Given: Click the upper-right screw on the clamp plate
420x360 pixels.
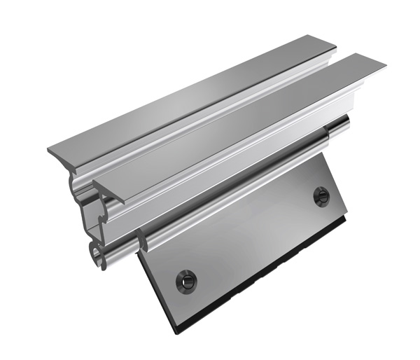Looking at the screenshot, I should click(x=321, y=196).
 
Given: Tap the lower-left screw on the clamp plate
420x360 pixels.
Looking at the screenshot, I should click(x=186, y=281).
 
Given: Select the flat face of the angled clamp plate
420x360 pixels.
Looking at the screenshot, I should click(x=252, y=238).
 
